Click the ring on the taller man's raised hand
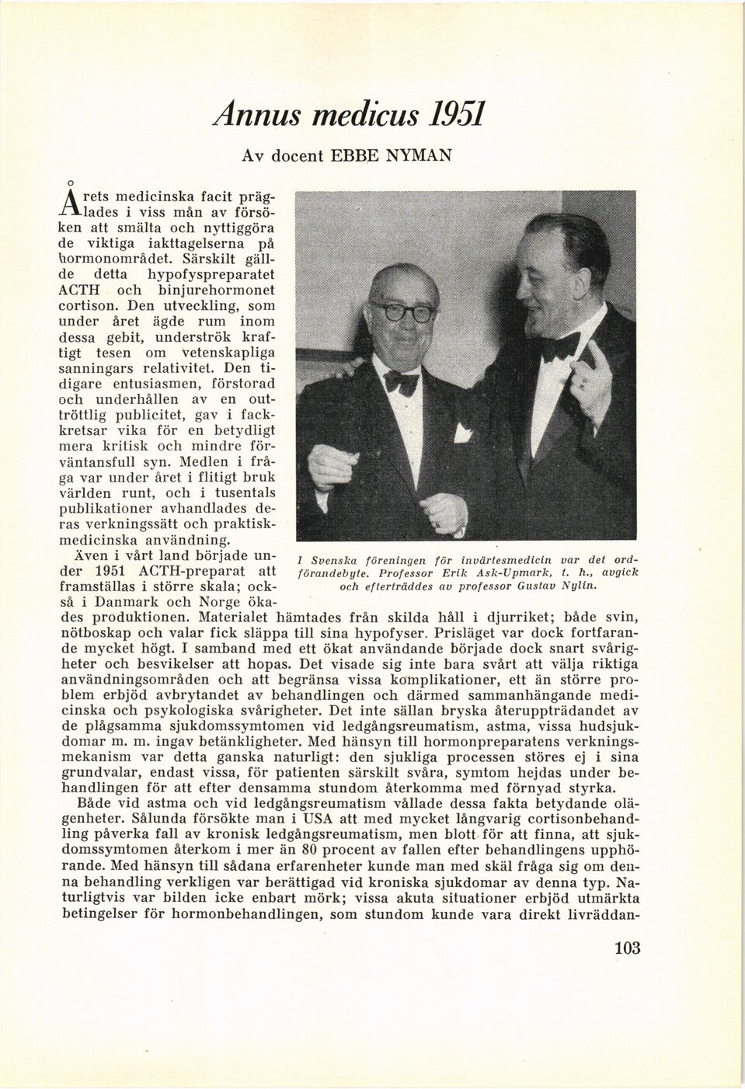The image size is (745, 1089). pos(581,381)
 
